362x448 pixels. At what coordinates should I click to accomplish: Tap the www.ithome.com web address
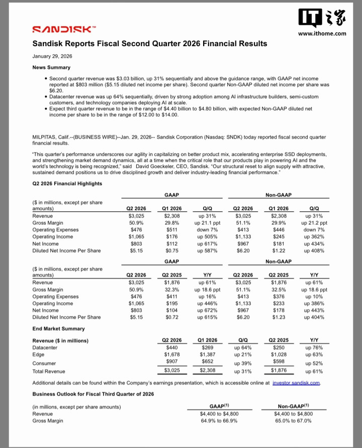pos(322,34)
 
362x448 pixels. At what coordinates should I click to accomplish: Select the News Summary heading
pos(51,67)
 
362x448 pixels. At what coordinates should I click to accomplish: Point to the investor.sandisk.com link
pos(296,383)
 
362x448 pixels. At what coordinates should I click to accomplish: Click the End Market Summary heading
pos(58,329)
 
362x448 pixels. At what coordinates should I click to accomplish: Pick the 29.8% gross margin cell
pos(172,222)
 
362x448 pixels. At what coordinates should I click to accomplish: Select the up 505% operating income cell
pos(207,236)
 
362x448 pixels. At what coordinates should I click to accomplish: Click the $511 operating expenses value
pos(172,229)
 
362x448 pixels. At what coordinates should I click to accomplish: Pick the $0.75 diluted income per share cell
pos(172,250)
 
